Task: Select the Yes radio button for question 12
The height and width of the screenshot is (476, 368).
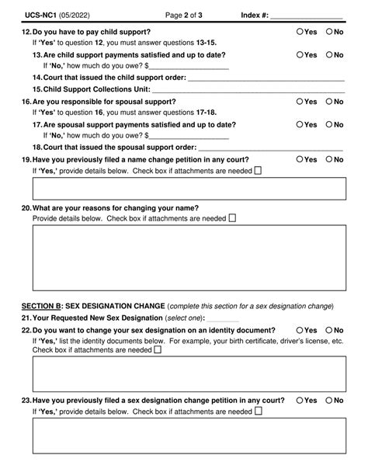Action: point(300,32)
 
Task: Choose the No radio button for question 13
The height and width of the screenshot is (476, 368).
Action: point(328,55)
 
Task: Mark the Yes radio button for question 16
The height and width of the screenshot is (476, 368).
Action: point(300,102)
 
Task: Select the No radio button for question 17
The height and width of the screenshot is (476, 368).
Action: point(328,124)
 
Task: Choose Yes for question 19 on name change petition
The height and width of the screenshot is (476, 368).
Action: point(300,160)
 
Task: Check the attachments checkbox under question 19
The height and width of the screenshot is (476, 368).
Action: point(259,171)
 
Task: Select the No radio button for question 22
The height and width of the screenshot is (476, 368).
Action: point(328,331)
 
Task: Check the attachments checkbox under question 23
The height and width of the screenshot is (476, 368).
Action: point(259,412)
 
